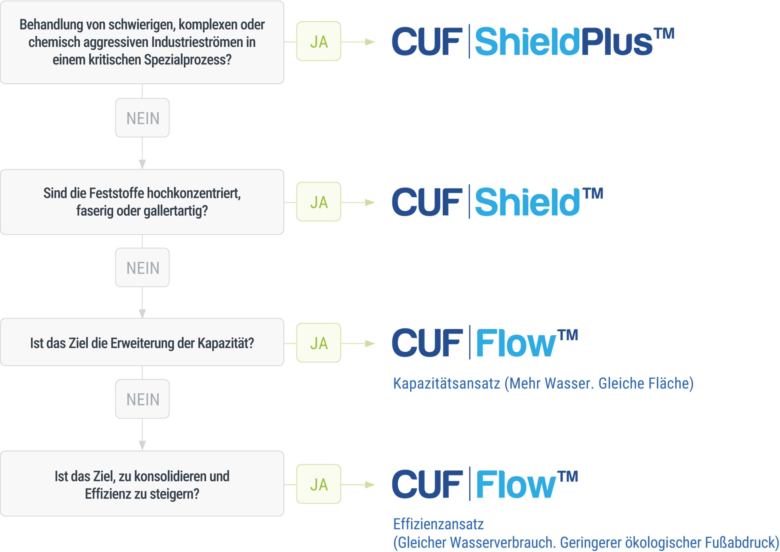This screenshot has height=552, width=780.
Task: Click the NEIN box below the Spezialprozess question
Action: coord(142,118)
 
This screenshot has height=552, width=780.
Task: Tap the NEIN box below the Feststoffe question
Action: coord(142,268)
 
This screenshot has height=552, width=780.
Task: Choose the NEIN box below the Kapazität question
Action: coord(142,399)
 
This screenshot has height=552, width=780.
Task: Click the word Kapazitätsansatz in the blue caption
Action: coord(446,383)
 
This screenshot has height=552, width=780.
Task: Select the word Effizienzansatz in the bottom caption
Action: coord(438,524)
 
